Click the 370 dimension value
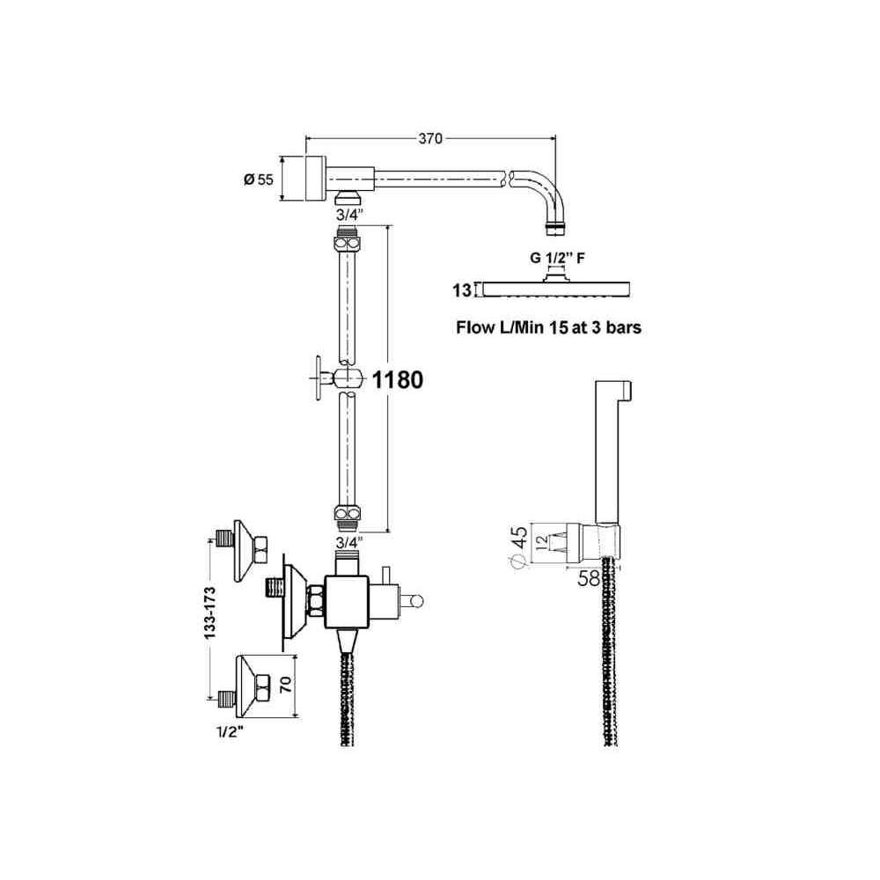(430, 139)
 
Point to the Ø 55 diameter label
(258, 180)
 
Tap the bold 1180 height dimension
(398, 380)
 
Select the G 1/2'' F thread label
(557, 258)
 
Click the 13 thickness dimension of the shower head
(462, 290)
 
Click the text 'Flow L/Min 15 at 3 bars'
(548, 327)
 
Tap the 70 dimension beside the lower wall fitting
(286, 684)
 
